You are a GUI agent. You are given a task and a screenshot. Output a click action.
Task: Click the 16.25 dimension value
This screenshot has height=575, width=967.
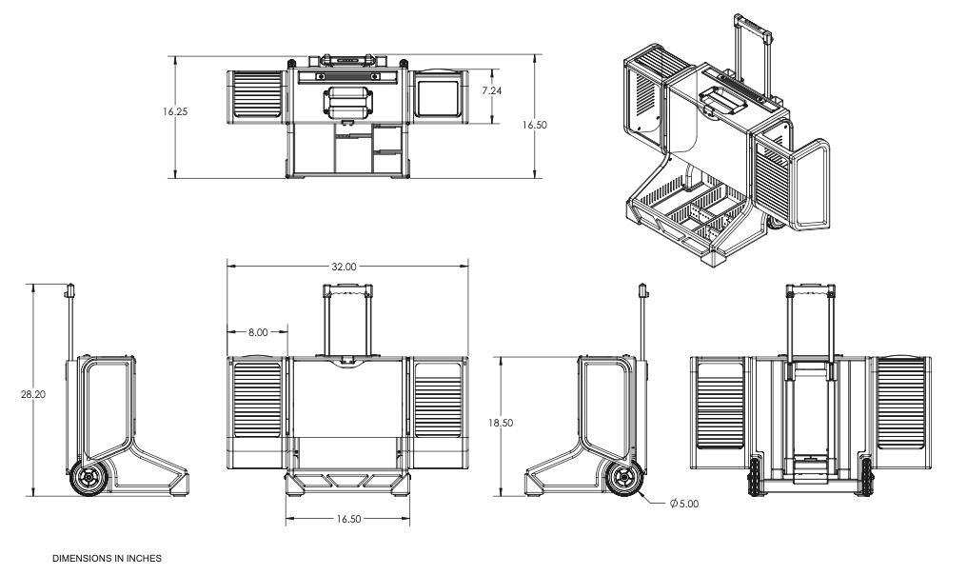pos(175,111)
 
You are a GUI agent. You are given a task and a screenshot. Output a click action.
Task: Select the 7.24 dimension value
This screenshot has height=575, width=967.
pos(492,90)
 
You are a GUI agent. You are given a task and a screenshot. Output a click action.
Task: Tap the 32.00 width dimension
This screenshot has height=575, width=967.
pos(345,268)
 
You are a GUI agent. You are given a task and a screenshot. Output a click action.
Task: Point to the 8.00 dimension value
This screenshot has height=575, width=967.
pos(258,332)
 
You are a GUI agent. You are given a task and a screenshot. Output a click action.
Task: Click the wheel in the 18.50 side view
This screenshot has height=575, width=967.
pos(625,478)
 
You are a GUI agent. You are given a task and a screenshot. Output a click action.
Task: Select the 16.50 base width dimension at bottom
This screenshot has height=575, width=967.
pos(346,519)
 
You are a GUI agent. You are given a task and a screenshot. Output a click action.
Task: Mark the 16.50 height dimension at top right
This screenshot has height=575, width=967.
pos(538,125)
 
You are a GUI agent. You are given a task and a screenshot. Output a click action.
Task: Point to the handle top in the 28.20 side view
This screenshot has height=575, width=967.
pos(70,289)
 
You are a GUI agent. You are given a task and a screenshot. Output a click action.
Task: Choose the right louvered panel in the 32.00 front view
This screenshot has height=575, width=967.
pos(438,400)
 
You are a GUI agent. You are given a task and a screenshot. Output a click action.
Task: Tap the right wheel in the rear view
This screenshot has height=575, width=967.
pos(866,477)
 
